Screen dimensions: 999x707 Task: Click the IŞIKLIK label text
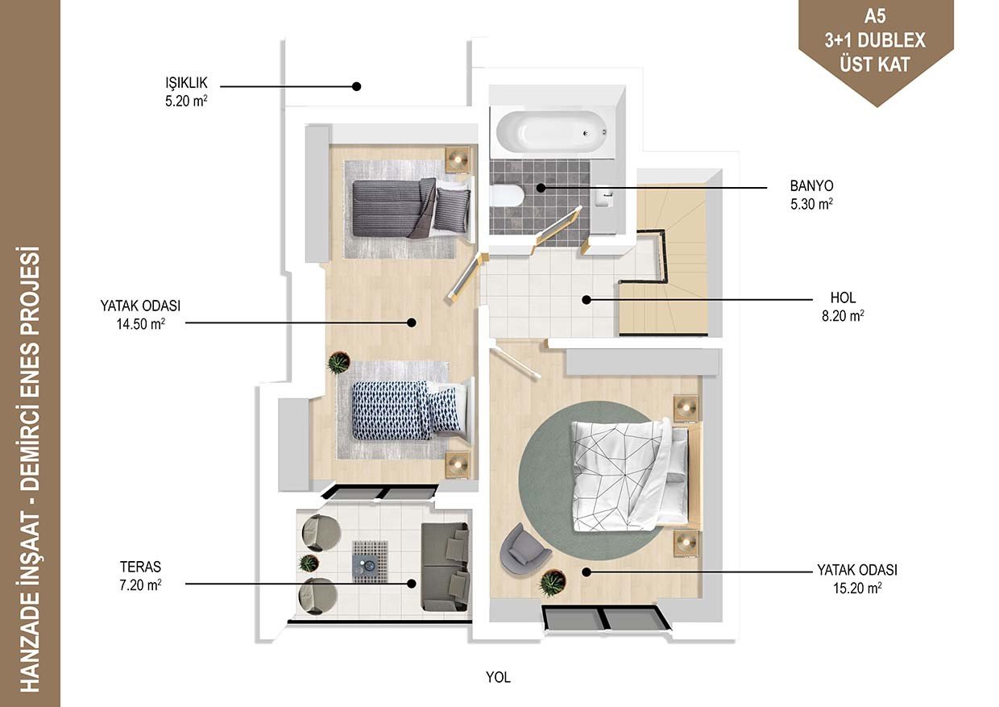186,82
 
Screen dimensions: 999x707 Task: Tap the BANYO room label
812,185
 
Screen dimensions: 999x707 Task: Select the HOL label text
843,297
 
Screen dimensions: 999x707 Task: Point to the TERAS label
140,567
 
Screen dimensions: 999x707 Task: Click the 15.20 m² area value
857,588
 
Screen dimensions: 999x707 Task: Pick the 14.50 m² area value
140,323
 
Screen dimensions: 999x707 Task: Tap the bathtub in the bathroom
552,131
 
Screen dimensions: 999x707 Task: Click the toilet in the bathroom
506,196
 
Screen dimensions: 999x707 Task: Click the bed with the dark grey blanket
410,207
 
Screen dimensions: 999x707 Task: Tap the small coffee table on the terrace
370,562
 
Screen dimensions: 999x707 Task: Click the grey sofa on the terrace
445,567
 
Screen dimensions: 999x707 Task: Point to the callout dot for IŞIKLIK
356,86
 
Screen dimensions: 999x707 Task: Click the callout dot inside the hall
587,300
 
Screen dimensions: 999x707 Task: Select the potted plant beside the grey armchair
553,583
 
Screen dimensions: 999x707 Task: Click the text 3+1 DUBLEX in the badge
875,40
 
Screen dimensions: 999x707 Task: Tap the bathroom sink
605,197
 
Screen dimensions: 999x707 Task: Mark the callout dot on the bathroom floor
541,188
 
